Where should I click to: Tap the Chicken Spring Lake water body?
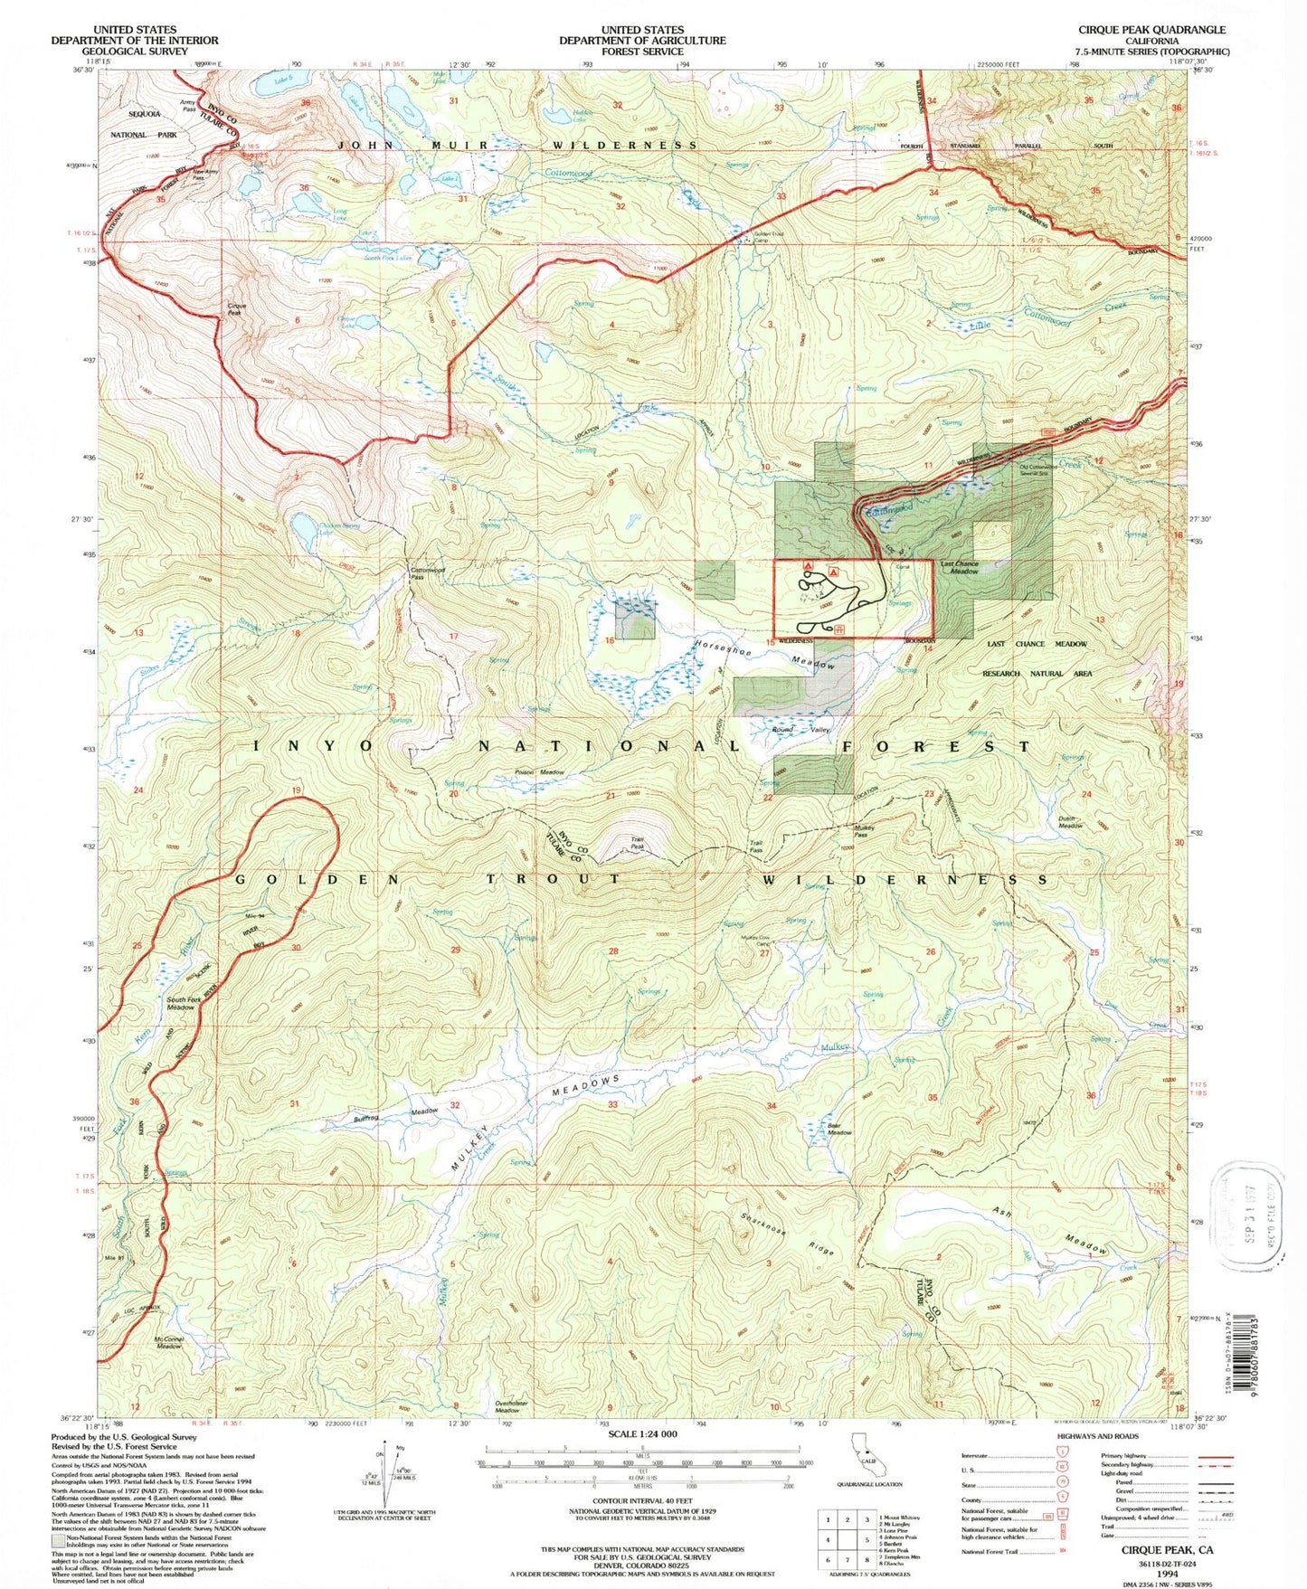click(x=304, y=525)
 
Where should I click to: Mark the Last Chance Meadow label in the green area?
click(x=959, y=567)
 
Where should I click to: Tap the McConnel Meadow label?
click(x=168, y=1342)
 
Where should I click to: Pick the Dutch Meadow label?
click(x=1070, y=822)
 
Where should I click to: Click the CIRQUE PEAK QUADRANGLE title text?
click(x=1151, y=30)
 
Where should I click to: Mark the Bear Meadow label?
click(x=839, y=1129)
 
